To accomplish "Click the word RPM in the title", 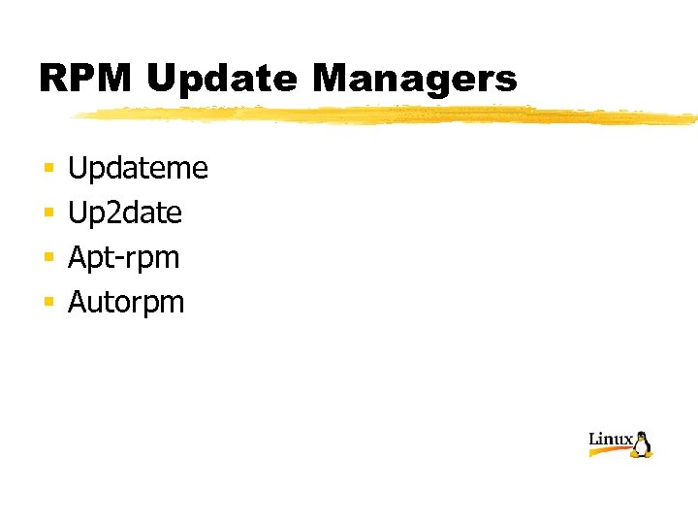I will pos(85,79).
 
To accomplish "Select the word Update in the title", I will pos(222,79).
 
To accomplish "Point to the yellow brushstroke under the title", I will pos(388,115).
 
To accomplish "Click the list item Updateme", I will pos(138,169).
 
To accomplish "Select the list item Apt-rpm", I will pos(123,258).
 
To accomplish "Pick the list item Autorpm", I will pos(126,303).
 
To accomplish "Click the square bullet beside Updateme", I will pos(46,170).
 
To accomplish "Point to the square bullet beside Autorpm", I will pos(46,304).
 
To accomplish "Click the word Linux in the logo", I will pos(611,440).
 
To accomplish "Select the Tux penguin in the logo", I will pos(642,444).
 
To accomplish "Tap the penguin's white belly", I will pos(642,447).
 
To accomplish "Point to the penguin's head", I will pos(641,436).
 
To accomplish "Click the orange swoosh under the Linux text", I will pos(611,451).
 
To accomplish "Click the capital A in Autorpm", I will pos(78,302).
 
